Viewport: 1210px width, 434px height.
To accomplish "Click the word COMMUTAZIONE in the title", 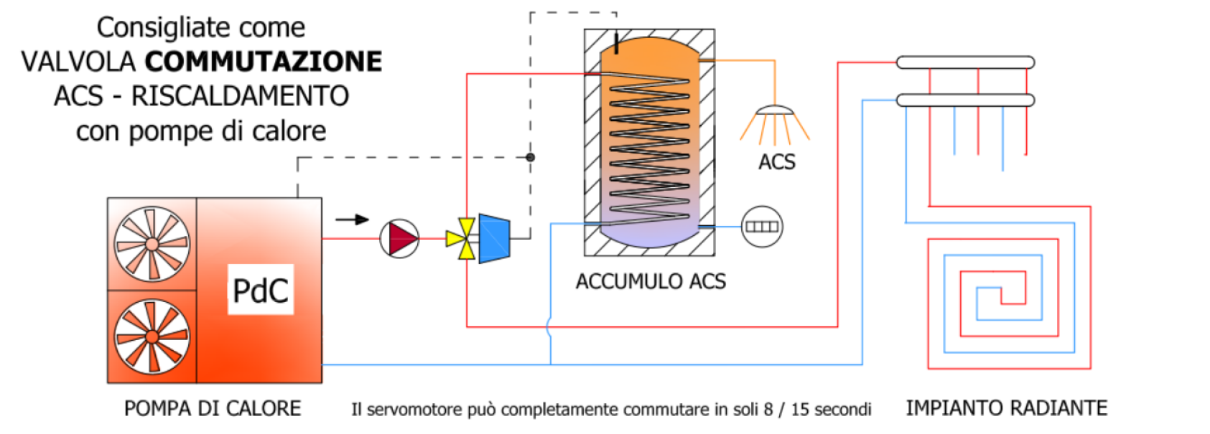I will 264,62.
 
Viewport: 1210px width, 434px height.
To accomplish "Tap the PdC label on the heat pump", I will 261,291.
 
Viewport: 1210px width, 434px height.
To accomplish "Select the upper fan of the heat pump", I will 152,245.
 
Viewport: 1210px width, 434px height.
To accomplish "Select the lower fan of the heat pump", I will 152,336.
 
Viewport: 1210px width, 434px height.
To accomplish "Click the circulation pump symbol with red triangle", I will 399,239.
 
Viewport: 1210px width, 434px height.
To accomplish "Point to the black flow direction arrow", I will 352,220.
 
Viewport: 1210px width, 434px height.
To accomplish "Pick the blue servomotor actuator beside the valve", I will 493,238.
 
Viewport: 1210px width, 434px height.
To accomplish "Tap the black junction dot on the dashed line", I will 530,157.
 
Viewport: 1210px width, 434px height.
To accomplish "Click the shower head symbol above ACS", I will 774,112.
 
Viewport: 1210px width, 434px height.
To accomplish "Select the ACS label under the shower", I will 777,162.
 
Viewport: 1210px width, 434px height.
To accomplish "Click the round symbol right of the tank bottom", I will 761,227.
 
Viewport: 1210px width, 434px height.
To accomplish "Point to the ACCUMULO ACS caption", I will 651,281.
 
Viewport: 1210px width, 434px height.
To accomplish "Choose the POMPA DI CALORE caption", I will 213,408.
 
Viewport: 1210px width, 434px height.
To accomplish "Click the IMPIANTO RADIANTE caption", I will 1006,408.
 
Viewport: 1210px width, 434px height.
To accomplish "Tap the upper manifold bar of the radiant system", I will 965,63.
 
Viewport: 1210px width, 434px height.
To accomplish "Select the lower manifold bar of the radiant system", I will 965,100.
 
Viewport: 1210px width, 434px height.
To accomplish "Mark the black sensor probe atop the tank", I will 616,44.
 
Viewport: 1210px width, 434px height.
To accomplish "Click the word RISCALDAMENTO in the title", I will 240,96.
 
